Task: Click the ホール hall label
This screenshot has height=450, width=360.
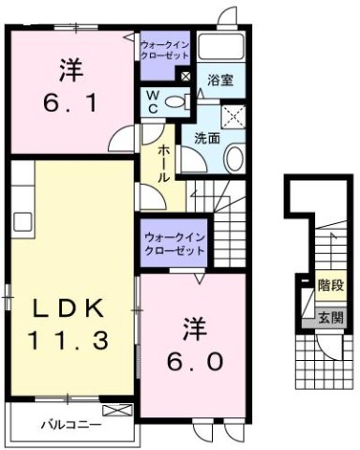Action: pos(163,161)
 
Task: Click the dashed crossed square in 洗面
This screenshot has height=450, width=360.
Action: pos(229,115)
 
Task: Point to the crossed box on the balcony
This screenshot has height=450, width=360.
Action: pos(117,411)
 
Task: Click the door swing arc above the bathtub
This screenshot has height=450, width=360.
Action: pos(226,18)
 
